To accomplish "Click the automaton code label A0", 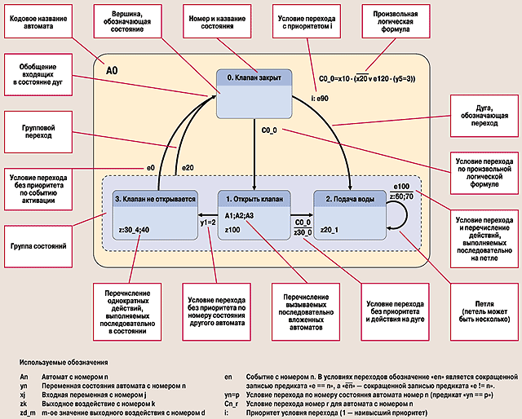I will pyautogui.click(x=115, y=72).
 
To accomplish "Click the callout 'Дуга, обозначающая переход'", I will pyautogui.click(x=482, y=117).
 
